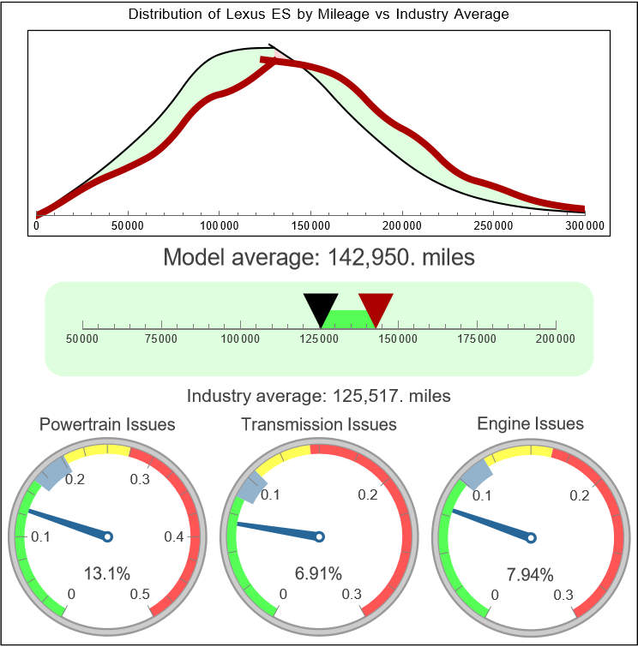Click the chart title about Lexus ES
tap(318, 15)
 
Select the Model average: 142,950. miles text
tap(318, 257)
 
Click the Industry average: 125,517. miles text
tap(319, 396)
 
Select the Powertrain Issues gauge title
tap(108, 424)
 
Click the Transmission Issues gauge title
tap(319, 424)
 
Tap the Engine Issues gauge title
tap(530, 423)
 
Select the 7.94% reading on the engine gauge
tap(529, 574)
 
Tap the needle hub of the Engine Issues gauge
tap(531, 537)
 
